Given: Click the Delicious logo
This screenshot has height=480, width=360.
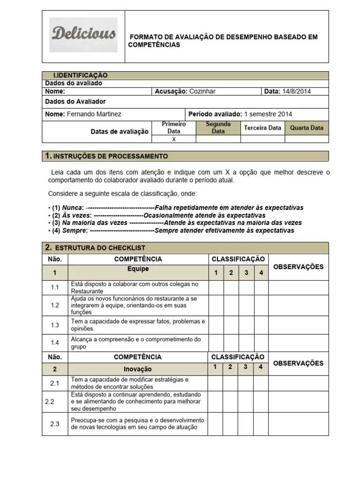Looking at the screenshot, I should pyautogui.click(x=84, y=34).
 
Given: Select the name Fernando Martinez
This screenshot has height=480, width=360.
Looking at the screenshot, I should pyautogui.click(x=94, y=114).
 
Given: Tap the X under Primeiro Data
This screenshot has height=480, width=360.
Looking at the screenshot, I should pyautogui.click(x=174, y=139).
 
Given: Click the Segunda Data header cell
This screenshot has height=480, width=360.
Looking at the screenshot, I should pyautogui.click(x=218, y=127).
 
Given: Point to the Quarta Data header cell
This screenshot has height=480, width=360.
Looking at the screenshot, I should pyautogui.click(x=307, y=127).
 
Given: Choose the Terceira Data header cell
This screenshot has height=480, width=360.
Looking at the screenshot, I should pyautogui.click(x=262, y=127).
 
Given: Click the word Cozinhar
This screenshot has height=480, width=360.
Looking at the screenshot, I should pyautogui.click(x=202, y=91).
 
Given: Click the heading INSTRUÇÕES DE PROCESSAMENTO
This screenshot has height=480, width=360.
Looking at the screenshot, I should pyautogui.click(x=111, y=156).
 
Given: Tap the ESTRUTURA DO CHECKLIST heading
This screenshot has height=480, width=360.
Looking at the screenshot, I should pyautogui.click(x=100, y=247).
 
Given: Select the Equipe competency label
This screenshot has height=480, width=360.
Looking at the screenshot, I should pyautogui.click(x=138, y=269).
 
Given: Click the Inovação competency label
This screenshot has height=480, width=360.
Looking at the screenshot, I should pyautogui.click(x=138, y=369).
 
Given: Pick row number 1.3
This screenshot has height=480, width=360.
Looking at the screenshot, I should pyautogui.click(x=55, y=325).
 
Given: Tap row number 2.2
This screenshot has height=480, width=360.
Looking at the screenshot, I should pyautogui.click(x=50, y=402).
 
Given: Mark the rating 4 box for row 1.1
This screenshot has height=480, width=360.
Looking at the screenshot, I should pyautogui.click(x=261, y=287).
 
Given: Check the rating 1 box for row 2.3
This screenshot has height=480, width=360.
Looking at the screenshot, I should pyautogui.click(x=215, y=424).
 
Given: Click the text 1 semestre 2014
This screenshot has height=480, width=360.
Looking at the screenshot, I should pyautogui.click(x=268, y=114).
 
